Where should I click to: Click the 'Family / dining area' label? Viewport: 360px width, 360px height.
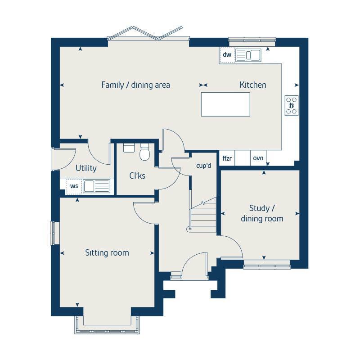[x=135, y=85]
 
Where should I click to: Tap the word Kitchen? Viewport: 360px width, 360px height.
[x=252, y=85]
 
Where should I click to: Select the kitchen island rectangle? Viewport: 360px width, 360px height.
[x=225, y=104]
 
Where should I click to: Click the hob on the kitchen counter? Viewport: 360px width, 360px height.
[x=291, y=105]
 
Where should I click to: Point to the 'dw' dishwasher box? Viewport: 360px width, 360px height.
[x=227, y=55]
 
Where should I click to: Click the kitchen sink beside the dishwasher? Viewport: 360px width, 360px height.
[x=248, y=55]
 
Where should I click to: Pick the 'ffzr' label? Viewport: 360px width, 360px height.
[x=227, y=158]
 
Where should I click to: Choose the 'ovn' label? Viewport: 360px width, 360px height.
[x=258, y=158]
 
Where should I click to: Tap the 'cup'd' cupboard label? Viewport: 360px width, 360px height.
[x=203, y=166]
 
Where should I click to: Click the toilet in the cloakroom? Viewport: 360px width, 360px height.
[x=145, y=152]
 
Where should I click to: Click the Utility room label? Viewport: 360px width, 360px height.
[x=86, y=168]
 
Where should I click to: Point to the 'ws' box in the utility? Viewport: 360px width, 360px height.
[x=74, y=186]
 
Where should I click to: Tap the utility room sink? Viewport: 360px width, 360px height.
[x=95, y=186]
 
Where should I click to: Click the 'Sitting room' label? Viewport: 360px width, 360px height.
[x=107, y=253]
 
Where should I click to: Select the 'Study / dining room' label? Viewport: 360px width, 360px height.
[x=262, y=213]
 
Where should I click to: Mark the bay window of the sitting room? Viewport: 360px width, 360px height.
[x=108, y=326]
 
